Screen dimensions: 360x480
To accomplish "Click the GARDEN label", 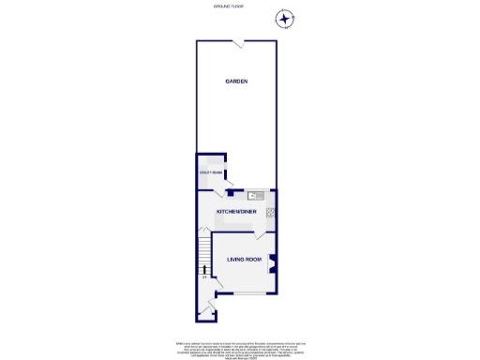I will coord(236,82).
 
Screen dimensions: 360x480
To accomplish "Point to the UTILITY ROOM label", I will coord(210,173).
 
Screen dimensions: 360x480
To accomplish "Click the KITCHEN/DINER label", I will coord(236,212).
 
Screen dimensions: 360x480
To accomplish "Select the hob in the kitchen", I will coord(271,213).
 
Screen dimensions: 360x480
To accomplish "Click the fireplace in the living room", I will coord(272,262).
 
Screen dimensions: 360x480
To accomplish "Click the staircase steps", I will coord(202,251).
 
